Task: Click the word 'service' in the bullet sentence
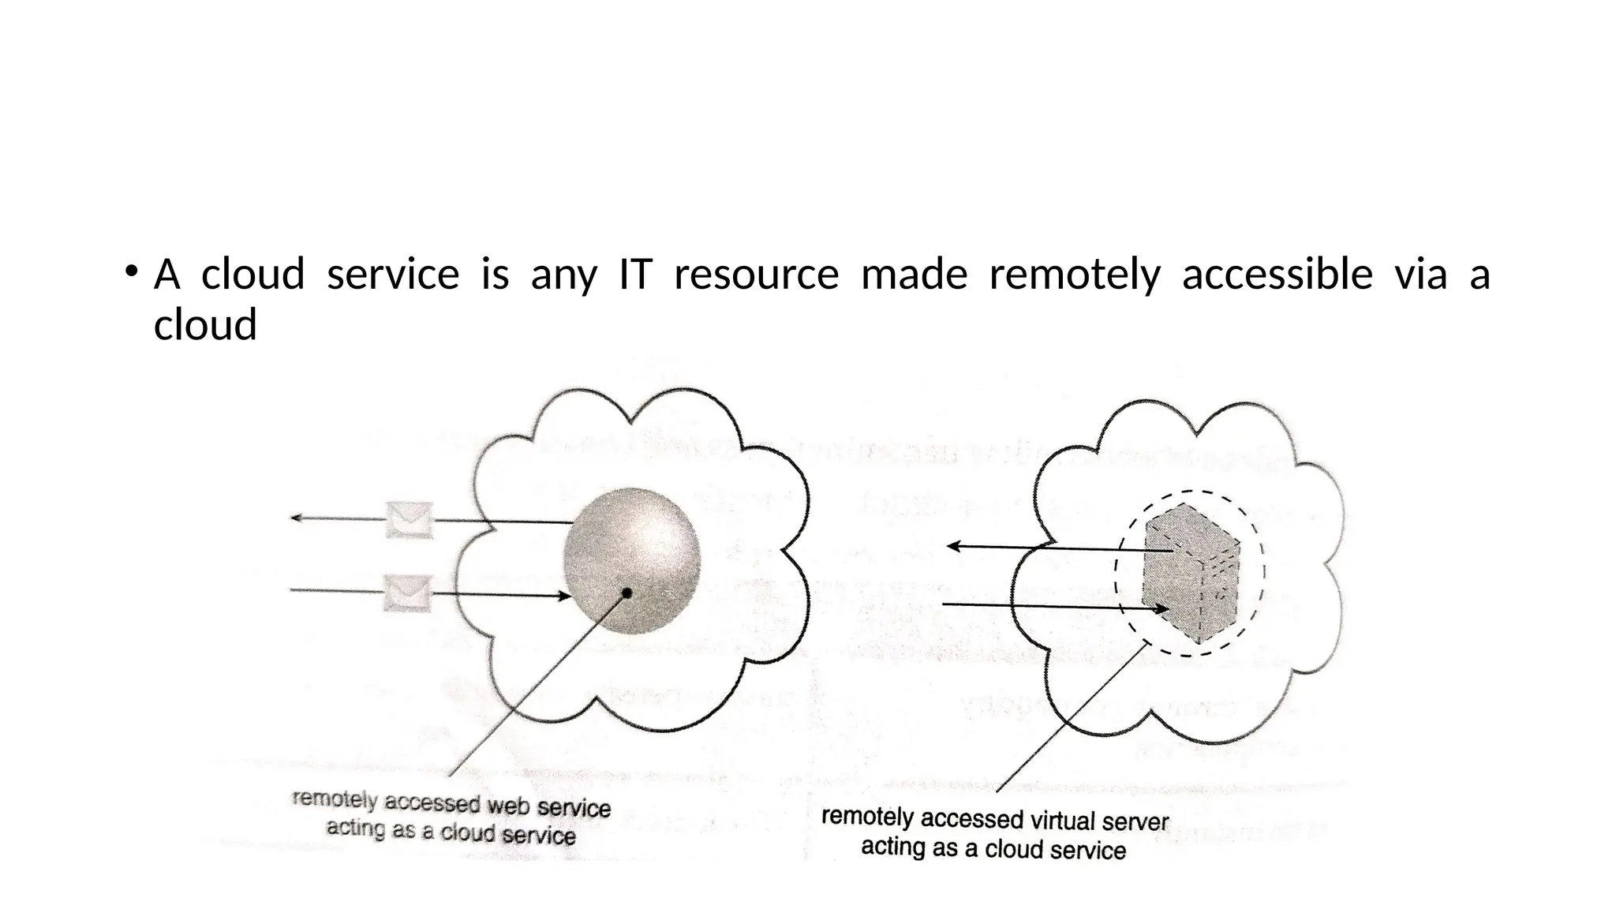[393, 275]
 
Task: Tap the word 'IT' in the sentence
[634, 275]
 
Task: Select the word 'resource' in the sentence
[756, 275]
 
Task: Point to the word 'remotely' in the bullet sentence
[1074, 275]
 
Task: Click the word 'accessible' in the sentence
[1277, 275]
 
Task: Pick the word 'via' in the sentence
[1420, 275]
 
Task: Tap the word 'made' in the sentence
[914, 275]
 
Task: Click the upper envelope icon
[410, 520]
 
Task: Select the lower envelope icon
[408, 593]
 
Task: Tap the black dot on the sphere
[627, 593]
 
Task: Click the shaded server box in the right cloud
[1189, 572]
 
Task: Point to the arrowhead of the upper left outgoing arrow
[296, 518]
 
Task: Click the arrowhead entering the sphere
[564, 597]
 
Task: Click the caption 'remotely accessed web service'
[451, 804]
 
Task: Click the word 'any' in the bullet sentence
[563, 275]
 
